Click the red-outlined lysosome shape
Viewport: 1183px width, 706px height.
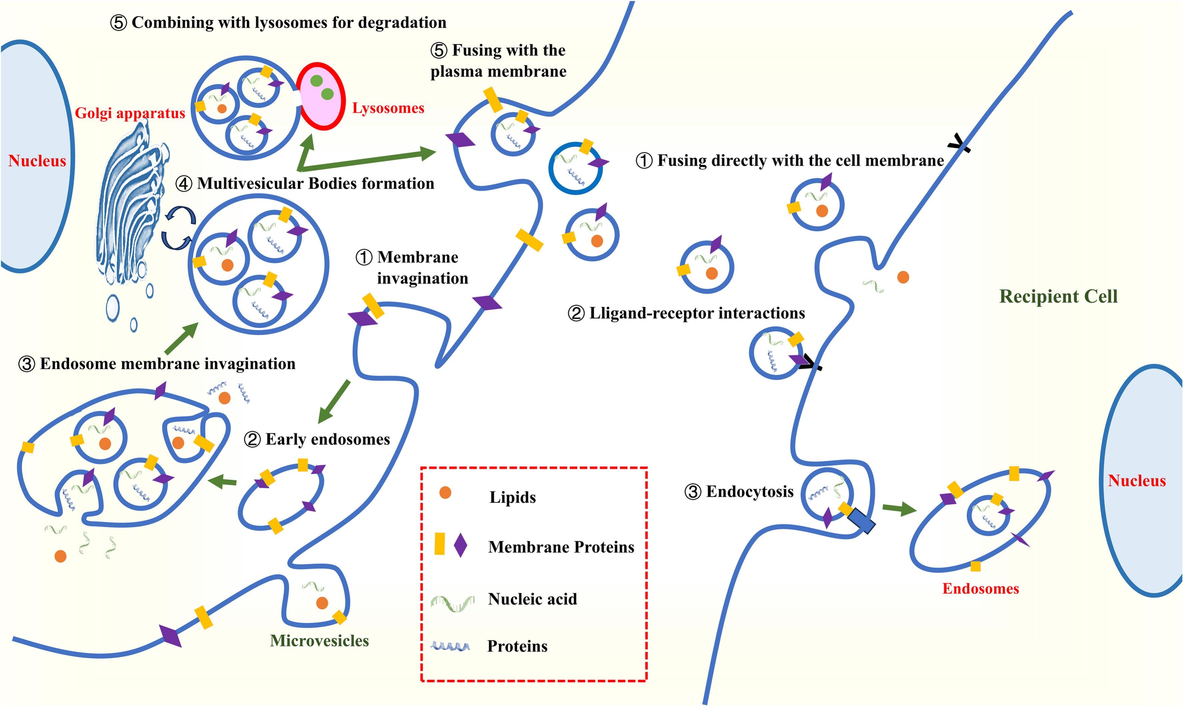click(x=321, y=96)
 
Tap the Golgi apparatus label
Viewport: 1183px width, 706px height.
click(x=129, y=113)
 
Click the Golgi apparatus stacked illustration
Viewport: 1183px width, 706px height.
click(x=128, y=209)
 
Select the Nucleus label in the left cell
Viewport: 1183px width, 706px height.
click(x=37, y=161)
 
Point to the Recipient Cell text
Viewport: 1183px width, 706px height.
click(x=1058, y=297)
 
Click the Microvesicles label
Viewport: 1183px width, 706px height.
click(x=319, y=641)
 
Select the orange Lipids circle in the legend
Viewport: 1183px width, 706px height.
click(x=445, y=492)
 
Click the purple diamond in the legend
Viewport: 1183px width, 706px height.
click(x=460, y=545)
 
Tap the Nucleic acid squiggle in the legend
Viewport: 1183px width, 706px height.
click(x=452, y=602)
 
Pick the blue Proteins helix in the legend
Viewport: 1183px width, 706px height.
click(x=450, y=646)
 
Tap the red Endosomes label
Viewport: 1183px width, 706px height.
click(x=980, y=589)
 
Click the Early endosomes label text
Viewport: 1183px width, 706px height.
click(x=327, y=439)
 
